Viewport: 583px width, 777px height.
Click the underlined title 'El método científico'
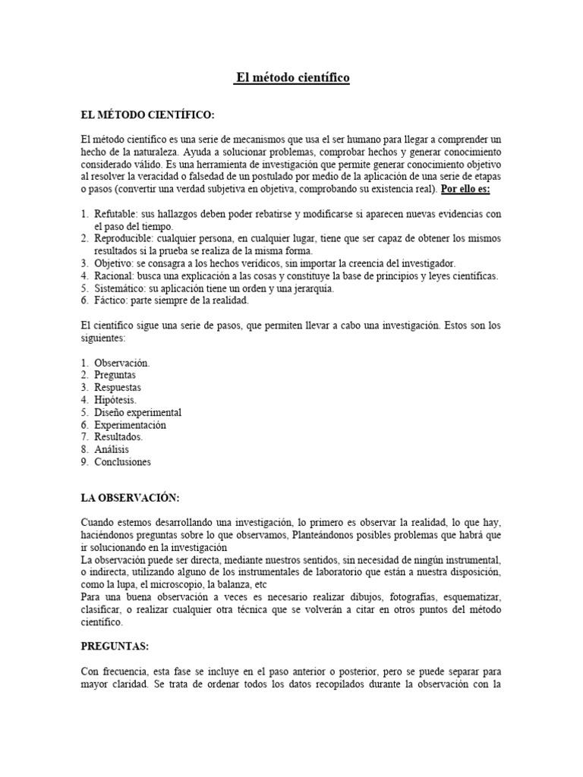[291, 78]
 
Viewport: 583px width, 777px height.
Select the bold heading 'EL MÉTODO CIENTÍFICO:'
[147, 115]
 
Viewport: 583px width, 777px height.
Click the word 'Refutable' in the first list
[115, 215]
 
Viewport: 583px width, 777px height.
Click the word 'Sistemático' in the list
[119, 288]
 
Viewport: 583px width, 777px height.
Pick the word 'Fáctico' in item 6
[110, 300]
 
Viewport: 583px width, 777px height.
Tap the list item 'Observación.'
[122, 363]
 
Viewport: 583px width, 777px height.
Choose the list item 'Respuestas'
[118, 387]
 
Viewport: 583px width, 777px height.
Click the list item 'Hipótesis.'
[117, 400]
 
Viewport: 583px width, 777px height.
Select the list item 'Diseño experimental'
[137, 412]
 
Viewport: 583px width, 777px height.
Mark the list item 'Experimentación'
[130, 425]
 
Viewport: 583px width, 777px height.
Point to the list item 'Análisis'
[112, 449]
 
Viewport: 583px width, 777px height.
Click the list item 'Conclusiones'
[122, 461]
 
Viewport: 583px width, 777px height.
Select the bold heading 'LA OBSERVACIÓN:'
[130, 498]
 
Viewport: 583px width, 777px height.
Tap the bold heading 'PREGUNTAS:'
[115, 646]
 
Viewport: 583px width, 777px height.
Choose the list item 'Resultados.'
[118, 437]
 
